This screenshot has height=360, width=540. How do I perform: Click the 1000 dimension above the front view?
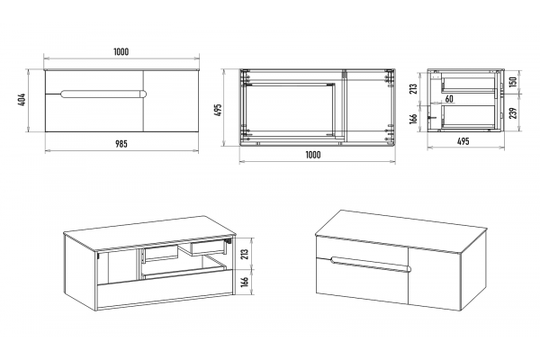coord(121,51)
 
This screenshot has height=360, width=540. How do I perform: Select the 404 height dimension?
coord(22,100)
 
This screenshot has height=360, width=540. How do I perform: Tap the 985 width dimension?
coord(121,144)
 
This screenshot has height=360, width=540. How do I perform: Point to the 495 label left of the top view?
coord(219,110)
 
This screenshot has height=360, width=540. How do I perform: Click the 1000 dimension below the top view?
coord(313,155)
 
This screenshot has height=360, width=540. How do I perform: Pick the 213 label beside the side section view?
coord(414,88)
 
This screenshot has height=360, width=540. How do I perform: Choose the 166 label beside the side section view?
coord(414,118)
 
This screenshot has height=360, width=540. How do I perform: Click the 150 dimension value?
coord(513,82)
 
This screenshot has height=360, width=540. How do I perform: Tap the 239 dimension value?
coord(513,113)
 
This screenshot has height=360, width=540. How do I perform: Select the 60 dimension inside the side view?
coord(449,99)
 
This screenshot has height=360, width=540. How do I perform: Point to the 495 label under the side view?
coord(463,141)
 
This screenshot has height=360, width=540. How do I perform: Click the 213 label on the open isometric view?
coord(245,254)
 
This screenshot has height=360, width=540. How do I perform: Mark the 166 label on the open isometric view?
coord(245,282)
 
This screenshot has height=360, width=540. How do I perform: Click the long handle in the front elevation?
coord(103,94)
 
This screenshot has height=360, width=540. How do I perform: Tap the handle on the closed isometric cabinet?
coord(371,265)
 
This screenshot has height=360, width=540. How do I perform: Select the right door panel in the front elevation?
coord(171,101)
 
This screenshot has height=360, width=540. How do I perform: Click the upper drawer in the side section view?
coord(468,85)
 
